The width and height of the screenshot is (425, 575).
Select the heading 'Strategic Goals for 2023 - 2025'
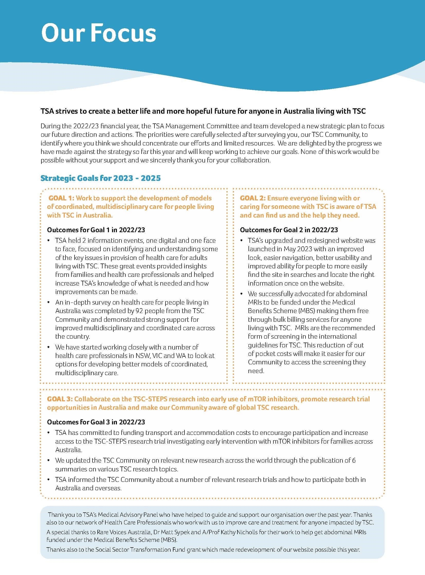[x=100, y=178]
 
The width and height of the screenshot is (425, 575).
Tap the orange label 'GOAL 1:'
[x=61, y=198]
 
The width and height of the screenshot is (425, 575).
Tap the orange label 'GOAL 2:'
[x=253, y=198]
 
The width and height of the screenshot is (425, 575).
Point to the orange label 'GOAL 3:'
[x=60, y=399]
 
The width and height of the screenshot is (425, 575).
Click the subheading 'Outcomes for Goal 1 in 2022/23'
[x=98, y=230]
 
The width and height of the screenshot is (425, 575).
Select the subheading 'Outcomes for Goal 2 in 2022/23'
[x=289, y=230]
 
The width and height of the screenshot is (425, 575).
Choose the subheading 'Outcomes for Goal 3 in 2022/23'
[x=96, y=422]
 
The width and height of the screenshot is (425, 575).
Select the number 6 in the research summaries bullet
[x=354, y=460]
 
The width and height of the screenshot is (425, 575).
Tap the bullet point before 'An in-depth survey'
[x=48, y=303]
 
